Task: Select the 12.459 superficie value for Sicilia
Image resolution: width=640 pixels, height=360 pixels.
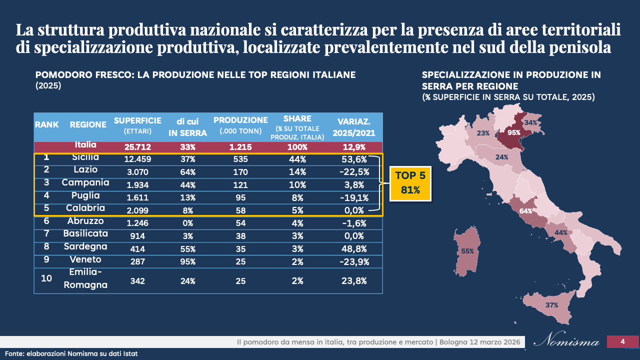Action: tap(137, 160)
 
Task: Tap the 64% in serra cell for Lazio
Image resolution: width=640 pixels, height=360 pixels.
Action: tap(187, 172)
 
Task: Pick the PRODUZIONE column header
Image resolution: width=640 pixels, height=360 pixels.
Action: tap(240, 120)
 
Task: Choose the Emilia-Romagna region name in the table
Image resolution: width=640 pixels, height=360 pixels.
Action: tap(85, 278)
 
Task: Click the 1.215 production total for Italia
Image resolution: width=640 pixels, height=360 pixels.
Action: tap(240, 147)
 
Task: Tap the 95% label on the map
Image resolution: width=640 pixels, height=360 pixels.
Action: tap(513, 132)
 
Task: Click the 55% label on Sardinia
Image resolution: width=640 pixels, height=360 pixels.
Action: tap(467, 251)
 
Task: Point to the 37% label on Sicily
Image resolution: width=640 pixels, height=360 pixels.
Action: tap(551, 305)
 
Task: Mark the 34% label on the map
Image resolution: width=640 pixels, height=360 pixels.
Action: tap(531, 122)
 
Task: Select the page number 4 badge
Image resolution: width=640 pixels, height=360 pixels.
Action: tap(622, 341)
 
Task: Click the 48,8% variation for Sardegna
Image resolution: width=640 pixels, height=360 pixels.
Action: tap(353, 248)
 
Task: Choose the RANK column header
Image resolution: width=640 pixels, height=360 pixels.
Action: tap(46, 124)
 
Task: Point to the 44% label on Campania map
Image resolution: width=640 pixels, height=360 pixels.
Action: tap(560, 233)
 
